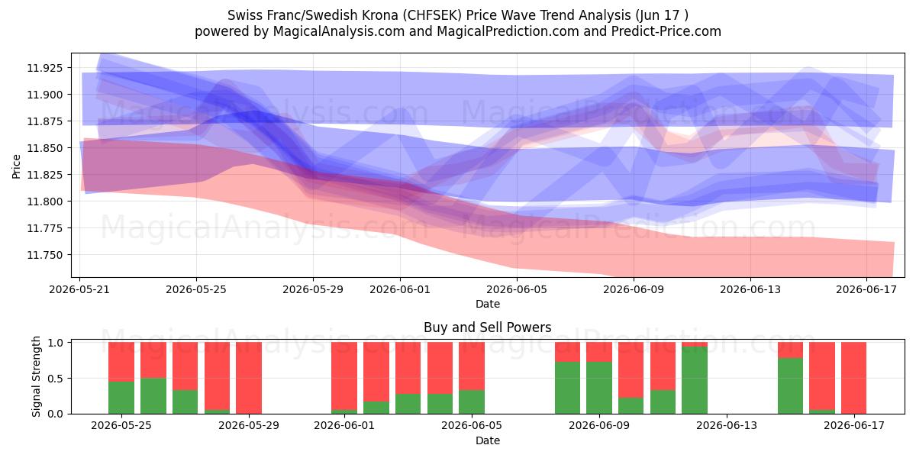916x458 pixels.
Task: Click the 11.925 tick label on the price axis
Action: pos(45,68)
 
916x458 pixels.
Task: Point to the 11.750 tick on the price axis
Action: pos(45,255)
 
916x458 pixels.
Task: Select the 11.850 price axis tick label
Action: pos(45,148)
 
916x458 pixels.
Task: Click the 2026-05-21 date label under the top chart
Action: pos(79,289)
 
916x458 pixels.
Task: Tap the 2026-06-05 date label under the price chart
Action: pos(517,289)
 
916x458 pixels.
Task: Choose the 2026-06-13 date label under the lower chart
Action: pos(727,426)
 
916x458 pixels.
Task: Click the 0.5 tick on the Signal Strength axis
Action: pos(56,379)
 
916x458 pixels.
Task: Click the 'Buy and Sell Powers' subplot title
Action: pos(488,327)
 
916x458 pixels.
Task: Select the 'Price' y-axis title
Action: pos(16,167)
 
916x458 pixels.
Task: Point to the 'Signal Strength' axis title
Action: pos(36,376)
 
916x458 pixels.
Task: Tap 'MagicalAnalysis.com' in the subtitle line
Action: pos(339,31)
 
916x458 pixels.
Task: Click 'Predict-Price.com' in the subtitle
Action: pos(666,31)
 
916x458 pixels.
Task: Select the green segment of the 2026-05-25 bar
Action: pos(121,398)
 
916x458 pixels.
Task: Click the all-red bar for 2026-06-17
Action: pos(853,378)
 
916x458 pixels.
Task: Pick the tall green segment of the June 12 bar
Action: pos(695,380)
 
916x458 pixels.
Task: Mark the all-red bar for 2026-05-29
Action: pos(249,378)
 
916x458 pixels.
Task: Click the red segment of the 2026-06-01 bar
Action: pos(344,376)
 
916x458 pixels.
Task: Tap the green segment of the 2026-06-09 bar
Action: pos(599,388)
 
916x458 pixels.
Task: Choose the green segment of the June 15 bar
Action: pos(790,385)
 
